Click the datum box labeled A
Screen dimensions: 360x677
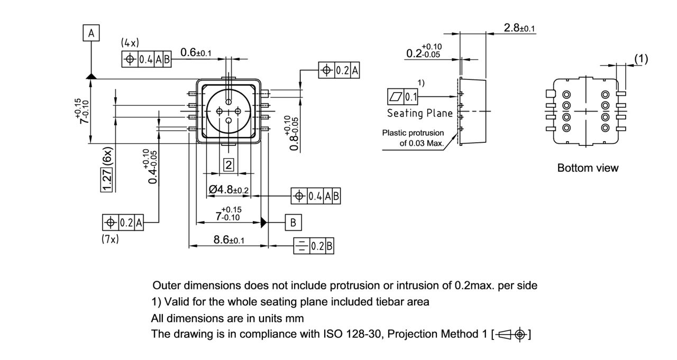pyautogui.click(x=92, y=34)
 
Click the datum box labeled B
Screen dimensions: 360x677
pyautogui.click(x=294, y=223)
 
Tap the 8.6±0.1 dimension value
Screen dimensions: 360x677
pyautogui.click(x=228, y=240)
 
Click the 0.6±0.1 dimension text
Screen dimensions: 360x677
pyautogui.click(x=196, y=52)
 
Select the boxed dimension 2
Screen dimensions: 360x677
pyautogui.click(x=228, y=164)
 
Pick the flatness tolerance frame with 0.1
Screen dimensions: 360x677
pyautogui.click(x=402, y=97)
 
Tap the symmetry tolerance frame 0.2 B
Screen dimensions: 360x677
pyautogui.click(x=314, y=246)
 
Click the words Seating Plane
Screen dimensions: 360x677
pyautogui.click(x=419, y=113)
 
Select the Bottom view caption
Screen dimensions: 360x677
pyautogui.click(x=587, y=168)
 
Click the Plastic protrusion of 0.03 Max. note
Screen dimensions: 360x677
pyautogui.click(x=413, y=138)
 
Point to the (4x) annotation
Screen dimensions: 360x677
pyautogui.click(x=130, y=42)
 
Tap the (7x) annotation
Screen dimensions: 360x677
pyautogui.click(x=110, y=239)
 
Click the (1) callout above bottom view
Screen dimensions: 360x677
pyautogui.click(x=641, y=59)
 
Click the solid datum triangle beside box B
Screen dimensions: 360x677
pyautogui.click(x=264, y=223)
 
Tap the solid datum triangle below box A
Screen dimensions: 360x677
pyautogui.click(x=92, y=76)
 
